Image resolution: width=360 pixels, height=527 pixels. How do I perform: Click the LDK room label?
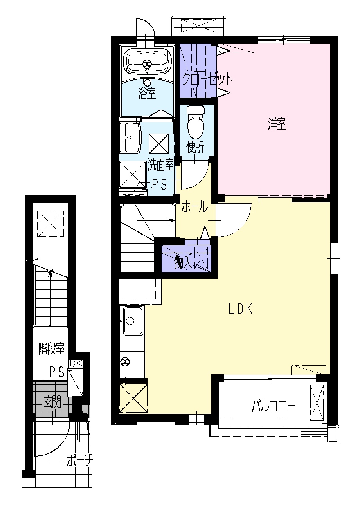[x=240, y=309]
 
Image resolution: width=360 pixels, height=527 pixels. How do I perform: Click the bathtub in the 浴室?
[x=147, y=62]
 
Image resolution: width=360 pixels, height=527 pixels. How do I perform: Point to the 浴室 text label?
[x=147, y=93]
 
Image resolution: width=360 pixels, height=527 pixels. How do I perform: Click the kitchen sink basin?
[x=131, y=321]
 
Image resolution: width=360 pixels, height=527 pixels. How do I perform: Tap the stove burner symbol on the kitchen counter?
[x=125, y=361]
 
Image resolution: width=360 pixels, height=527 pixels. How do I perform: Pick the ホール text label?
[x=194, y=207]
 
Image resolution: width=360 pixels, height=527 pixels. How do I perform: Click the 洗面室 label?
[x=160, y=165]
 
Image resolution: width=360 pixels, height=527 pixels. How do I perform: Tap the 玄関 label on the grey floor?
[x=52, y=402]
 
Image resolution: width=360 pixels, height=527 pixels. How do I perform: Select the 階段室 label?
[x=51, y=348]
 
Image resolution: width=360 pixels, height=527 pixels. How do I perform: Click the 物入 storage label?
[x=183, y=261]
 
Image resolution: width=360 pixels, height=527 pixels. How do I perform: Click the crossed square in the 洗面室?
[x=158, y=144]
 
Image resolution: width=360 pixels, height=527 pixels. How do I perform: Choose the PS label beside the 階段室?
[x=57, y=372]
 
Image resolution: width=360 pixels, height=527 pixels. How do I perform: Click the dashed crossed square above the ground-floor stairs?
[x=50, y=224]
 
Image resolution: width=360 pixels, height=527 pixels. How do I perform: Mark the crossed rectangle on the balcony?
[x=317, y=402]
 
